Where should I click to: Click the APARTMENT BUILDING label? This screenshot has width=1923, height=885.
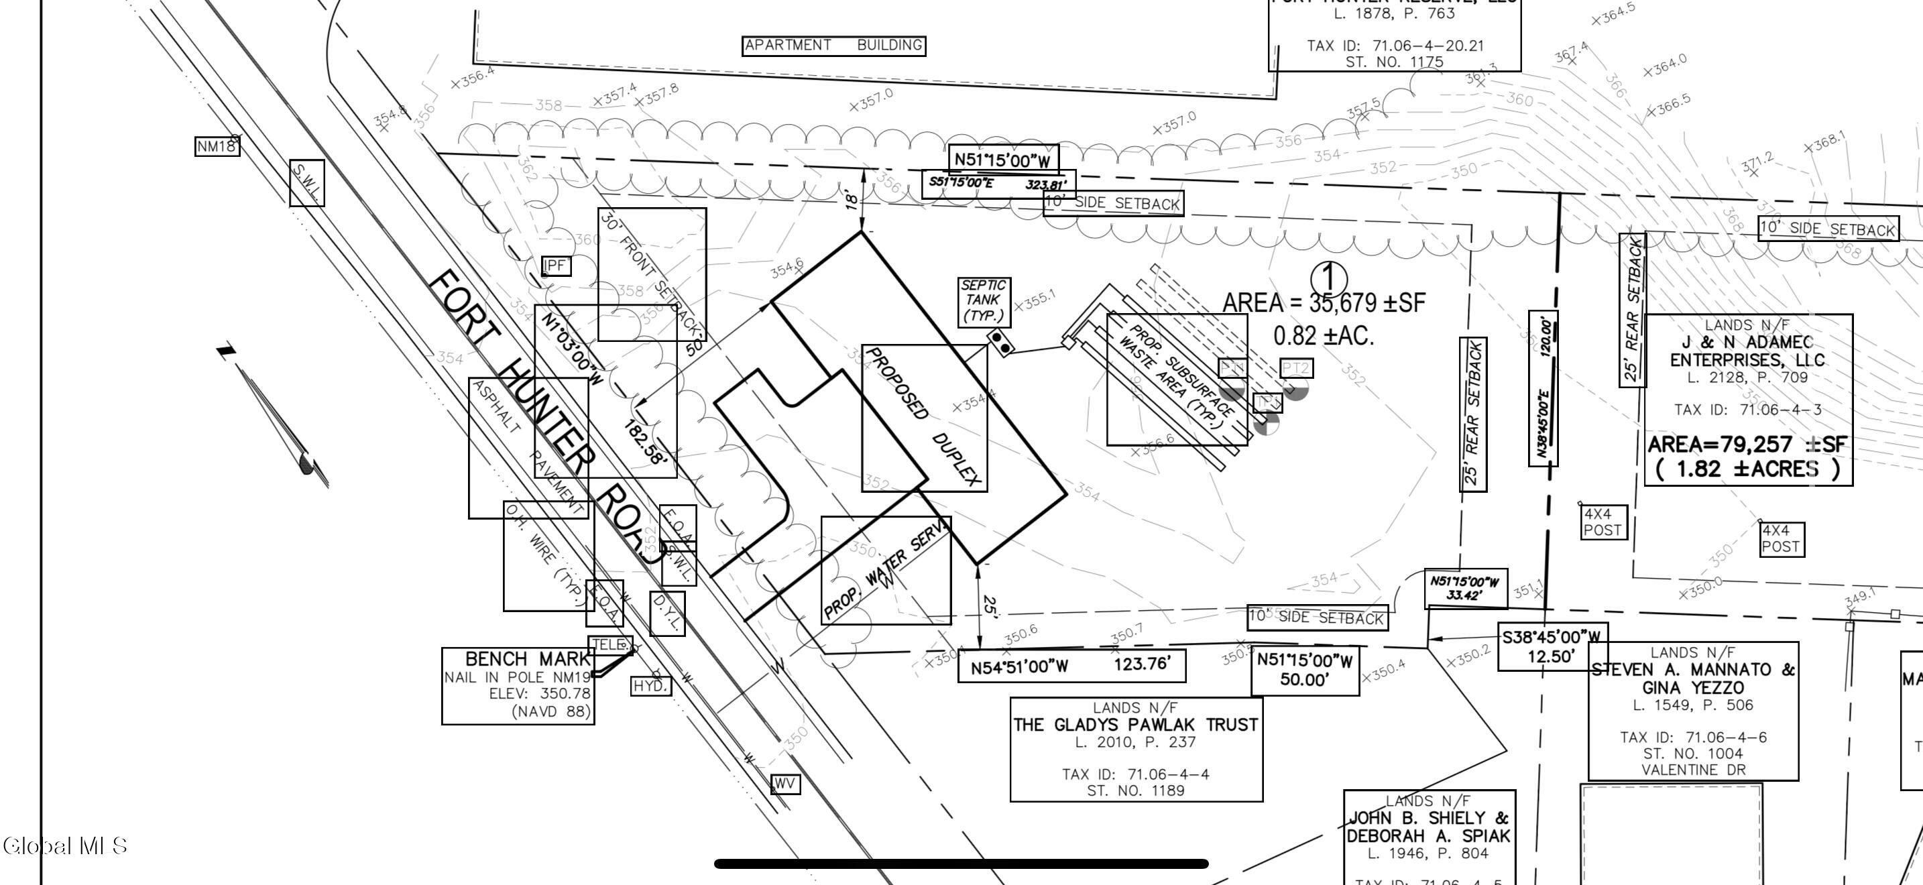pos(834,46)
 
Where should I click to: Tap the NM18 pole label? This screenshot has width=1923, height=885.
pos(217,146)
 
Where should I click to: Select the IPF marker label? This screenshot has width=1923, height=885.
pos(556,265)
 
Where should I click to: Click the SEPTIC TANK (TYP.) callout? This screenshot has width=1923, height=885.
pos(984,301)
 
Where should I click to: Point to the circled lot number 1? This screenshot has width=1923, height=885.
pos(1329,278)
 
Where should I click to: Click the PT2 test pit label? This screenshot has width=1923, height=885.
pos(1296,368)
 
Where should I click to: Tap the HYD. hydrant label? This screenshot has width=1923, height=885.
pos(650,686)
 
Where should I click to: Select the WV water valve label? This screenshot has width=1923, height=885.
pos(784,784)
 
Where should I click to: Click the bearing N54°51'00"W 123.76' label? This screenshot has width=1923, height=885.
pos(1071,666)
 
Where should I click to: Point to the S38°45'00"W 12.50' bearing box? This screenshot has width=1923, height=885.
pos(1552,646)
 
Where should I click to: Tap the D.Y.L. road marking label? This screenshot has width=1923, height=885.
pos(667,613)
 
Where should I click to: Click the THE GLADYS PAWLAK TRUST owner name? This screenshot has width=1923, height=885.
pos(1135,725)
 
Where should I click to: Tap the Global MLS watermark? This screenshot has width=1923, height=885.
pos(65,845)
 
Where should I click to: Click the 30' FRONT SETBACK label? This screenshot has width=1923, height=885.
pos(652,275)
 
